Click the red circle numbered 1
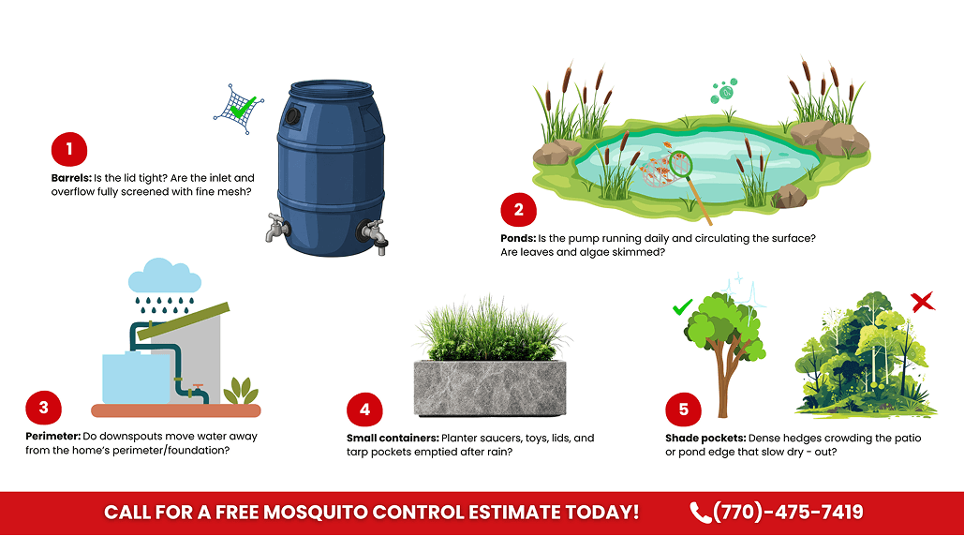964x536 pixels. click(69, 149)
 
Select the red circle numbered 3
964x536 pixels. click(44, 409)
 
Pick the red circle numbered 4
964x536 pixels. click(364, 409)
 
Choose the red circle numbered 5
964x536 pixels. click(683, 409)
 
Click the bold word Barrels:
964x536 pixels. click(71, 177)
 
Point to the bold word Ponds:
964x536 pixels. click(518, 238)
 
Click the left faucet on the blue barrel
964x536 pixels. click(274, 228)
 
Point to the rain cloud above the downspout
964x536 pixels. click(164, 277)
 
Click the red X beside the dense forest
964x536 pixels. click(923, 302)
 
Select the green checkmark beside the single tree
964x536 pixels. click(683, 306)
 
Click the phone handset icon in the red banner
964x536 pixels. click(700, 513)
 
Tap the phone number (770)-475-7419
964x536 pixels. click(788, 513)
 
